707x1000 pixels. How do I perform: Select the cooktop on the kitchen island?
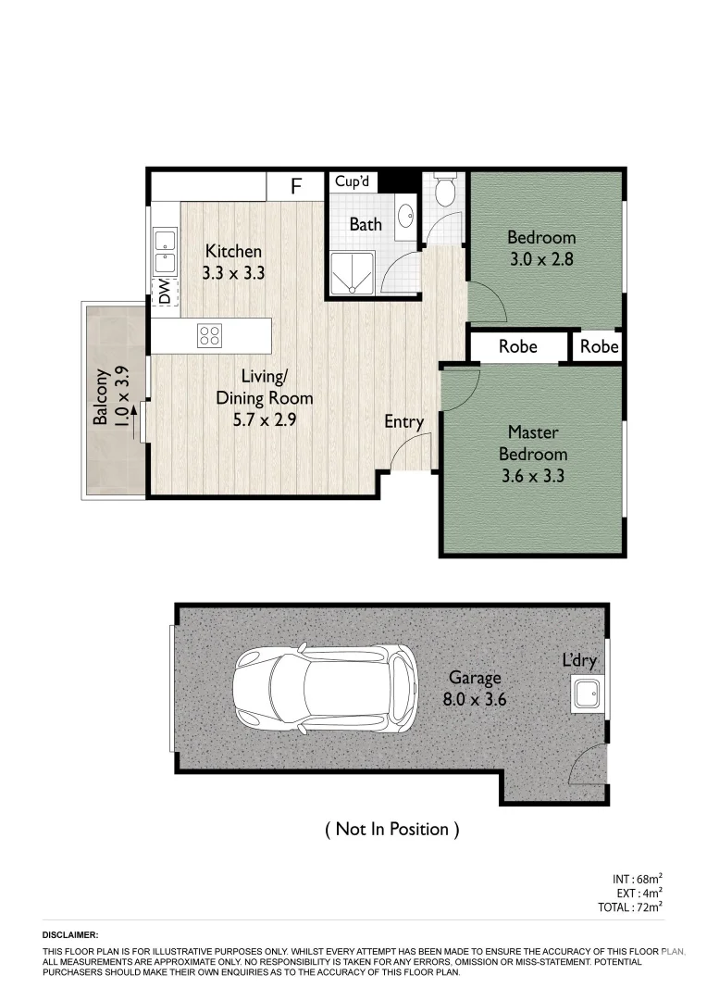(x=209, y=335)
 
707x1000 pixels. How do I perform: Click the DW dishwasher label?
(x=165, y=294)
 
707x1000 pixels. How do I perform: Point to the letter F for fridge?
(x=296, y=186)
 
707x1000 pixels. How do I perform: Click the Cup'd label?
(x=352, y=182)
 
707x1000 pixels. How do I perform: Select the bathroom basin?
(x=405, y=217)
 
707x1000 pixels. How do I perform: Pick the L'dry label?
(x=579, y=660)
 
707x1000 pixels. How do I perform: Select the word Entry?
(x=403, y=422)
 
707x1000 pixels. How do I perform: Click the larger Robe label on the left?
(x=517, y=347)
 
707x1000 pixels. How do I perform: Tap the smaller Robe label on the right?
(x=599, y=347)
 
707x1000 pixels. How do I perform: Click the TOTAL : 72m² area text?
(x=630, y=907)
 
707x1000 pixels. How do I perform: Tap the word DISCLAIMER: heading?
(x=69, y=936)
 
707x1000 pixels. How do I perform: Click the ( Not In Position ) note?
(x=391, y=829)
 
